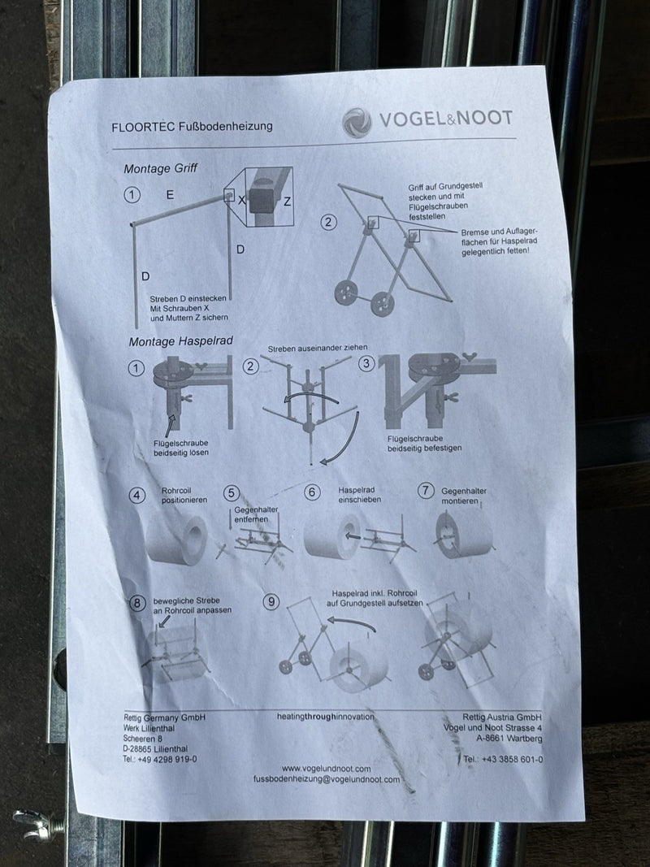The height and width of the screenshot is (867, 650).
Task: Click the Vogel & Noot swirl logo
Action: [357, 122]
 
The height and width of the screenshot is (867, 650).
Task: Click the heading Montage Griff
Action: [160, 169]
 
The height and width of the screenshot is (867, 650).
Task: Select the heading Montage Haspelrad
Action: [180, 342]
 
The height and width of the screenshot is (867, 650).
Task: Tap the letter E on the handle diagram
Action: [170, 195]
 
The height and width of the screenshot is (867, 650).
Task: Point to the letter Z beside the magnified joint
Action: [287, 202]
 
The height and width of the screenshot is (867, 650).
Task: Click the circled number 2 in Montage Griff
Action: [328, 223]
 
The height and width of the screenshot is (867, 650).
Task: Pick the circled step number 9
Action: [271, 601]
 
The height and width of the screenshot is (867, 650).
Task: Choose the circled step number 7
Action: [425, 491]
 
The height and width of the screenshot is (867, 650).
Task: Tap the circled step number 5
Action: [231, 493]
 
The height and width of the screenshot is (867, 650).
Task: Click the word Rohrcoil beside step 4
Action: [176, 491]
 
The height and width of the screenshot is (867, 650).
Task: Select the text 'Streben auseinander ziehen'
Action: [317, 348]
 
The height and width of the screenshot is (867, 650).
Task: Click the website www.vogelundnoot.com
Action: [326, 769]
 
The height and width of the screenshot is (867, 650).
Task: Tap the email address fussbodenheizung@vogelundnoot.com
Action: [327, 779]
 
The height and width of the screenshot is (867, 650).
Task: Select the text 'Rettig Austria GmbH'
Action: [502, 717]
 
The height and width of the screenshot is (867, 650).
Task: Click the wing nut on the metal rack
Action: [34, 823]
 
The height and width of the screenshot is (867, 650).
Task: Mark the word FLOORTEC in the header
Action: [143, 128]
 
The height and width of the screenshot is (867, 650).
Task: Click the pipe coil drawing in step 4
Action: [176, 539]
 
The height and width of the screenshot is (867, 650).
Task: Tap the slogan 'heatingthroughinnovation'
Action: [326, 717]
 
